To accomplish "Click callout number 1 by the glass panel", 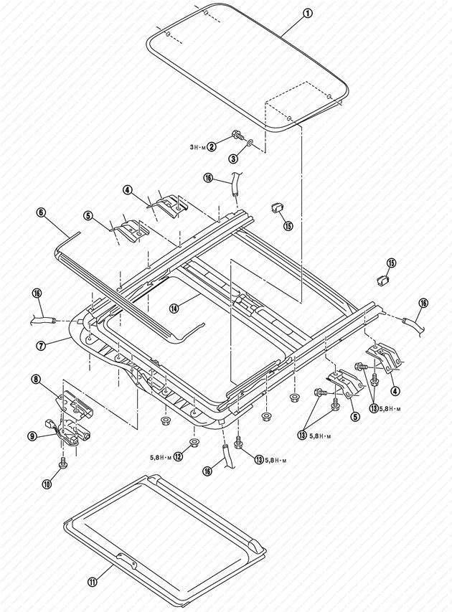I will pos(307,14).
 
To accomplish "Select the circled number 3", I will pos(233,158).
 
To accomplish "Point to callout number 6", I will pos(41,213).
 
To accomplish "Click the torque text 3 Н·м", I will pos(197,146).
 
